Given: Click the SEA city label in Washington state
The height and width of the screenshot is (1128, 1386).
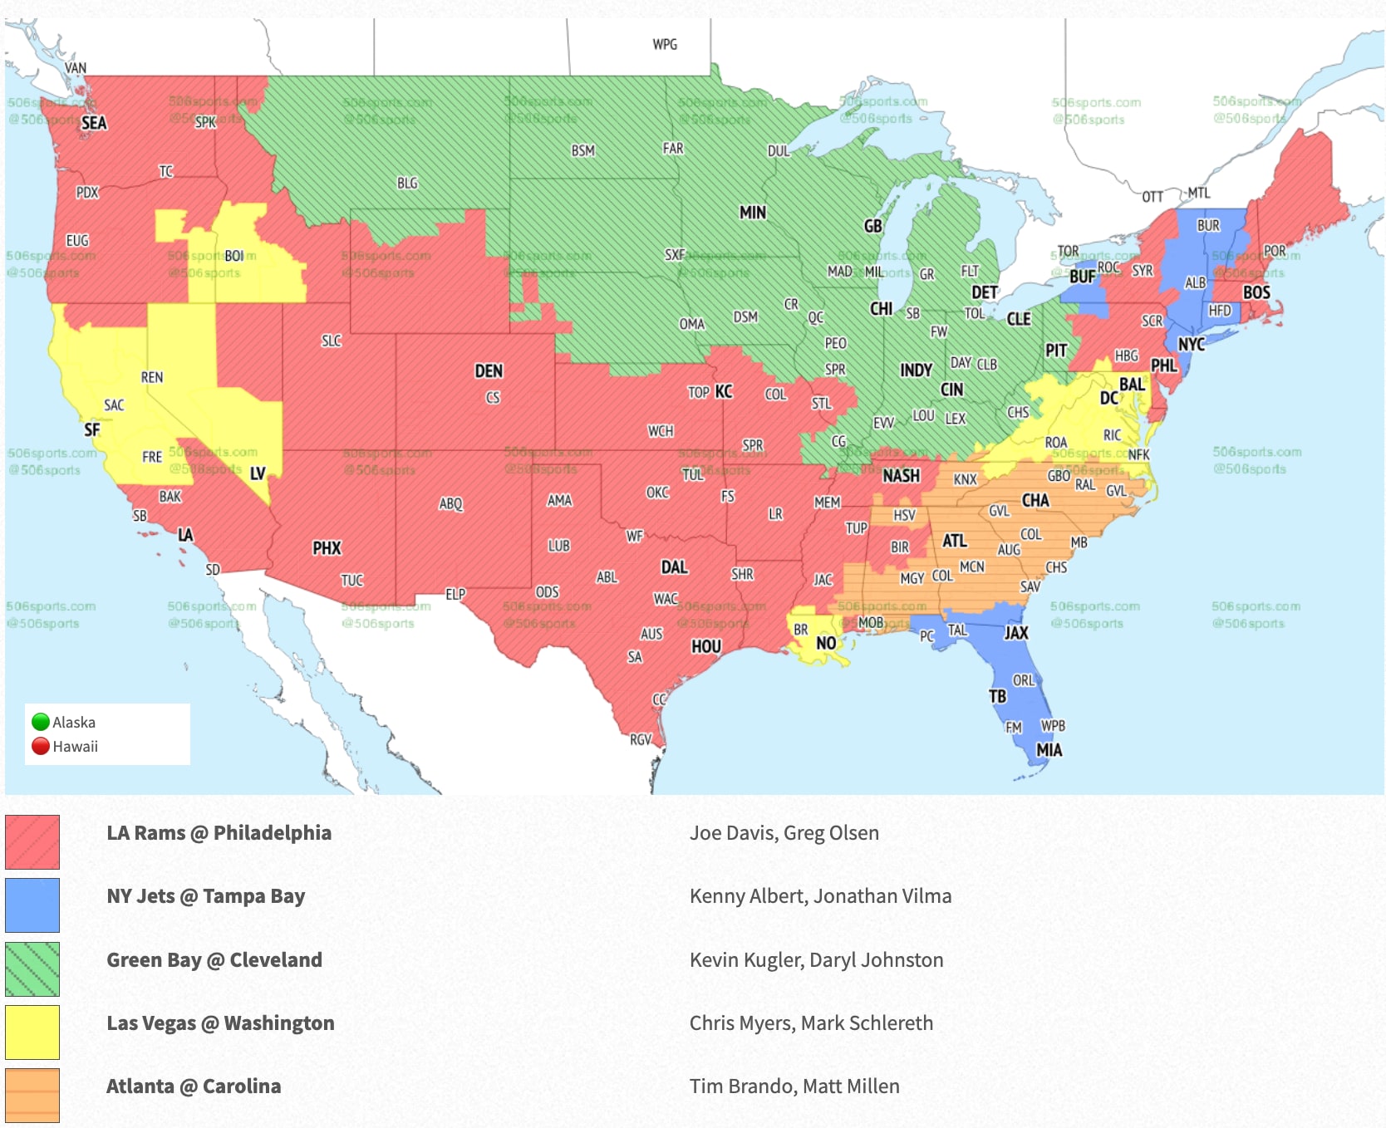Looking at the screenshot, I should pyautogui.click(x=94, y=123).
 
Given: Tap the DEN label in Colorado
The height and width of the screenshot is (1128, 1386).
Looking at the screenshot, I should pyautogui.click(x=489, y=371).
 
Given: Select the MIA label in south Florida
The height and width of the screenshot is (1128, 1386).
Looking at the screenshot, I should pyautogui.click(x=1049, y=750).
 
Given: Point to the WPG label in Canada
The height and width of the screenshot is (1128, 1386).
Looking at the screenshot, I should pyautogui.click(x=665, y=44).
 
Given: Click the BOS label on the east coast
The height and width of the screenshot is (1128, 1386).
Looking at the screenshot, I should pyautogui.click(x=1256, y=292).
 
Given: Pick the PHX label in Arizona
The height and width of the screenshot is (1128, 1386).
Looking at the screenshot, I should pyautogui.click(x=327, y=548).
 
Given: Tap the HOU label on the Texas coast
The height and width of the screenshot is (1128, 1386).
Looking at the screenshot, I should pyautogui.click(x=706, y=646).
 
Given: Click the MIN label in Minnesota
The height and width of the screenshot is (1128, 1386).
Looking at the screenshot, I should pyautogui.click(x=752, y=213).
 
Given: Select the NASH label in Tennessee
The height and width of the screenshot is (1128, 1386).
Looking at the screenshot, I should pyautogui.click(x=901, y=476).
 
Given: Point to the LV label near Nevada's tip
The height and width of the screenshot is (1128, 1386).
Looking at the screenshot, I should pyautogui.click(x=258, y=473).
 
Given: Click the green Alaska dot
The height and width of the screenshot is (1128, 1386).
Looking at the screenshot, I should pyautogui.click(x=41, y=722).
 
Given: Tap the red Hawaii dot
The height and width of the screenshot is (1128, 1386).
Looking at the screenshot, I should pyautogui.click(x=41, y=746).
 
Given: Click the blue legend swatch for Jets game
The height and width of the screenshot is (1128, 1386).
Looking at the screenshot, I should pyautogui.click(x=32, y=905).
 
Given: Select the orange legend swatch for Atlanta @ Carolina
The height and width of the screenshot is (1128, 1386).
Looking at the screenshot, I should pyautogui.click(x=32, y=1095).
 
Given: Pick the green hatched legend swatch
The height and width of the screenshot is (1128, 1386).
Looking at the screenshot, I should pyautogui.click(x=32, y=969).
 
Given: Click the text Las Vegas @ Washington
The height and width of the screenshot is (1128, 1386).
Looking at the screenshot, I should pyautogui.click(x=220, y=1023).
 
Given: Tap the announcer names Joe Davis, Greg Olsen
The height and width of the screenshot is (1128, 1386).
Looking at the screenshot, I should pyautogui.click(x=784, y=833).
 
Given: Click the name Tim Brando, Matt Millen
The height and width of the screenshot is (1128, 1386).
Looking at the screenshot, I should pyautogui.click(x=794, y=1086).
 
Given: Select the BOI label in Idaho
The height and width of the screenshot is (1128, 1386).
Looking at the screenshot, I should pyautogui.click(x=234, y=256).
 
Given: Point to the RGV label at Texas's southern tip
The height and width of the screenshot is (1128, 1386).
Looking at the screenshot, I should pyautogui.click(x=641, y=739).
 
